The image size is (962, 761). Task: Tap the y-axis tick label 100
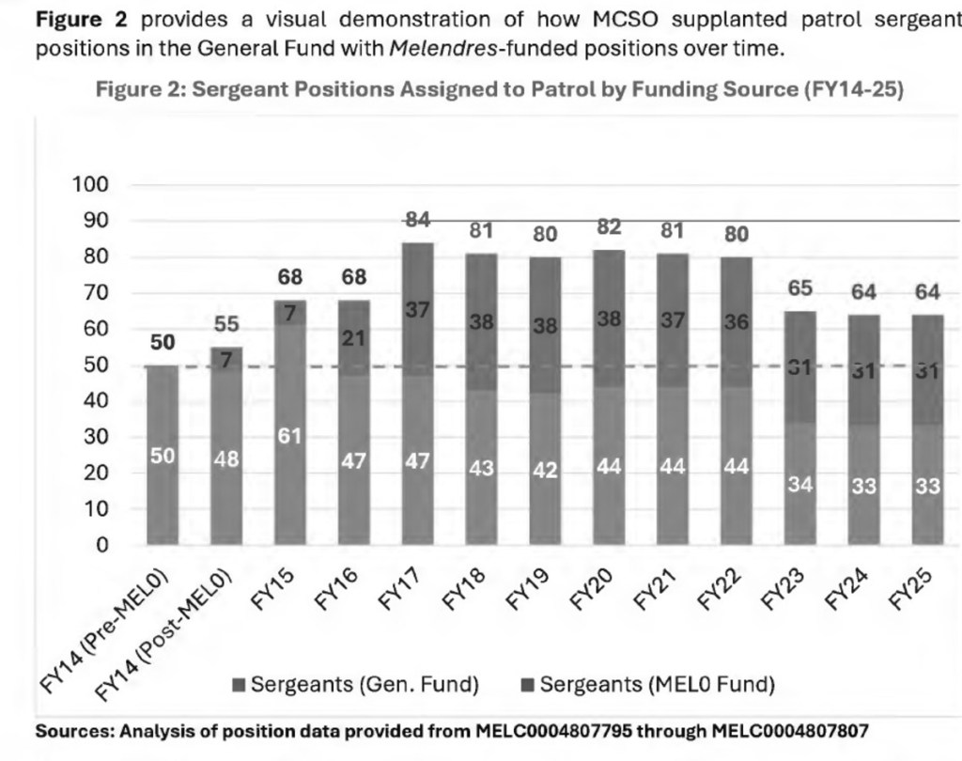[x=91, y=185]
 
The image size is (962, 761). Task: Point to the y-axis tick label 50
[x=97, y=365]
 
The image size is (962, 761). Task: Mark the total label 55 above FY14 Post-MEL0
[x=226, y=325]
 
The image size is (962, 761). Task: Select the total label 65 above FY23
[x=800, y=288]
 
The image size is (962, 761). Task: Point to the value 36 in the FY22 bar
[x=737, y=321]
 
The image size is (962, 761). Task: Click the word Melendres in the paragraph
[x=432, y=49]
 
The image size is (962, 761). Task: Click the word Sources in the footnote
[x=75, y=730]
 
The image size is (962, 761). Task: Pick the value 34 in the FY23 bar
[x=800, y=486]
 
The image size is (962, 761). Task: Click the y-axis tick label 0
[x=102, y=545]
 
